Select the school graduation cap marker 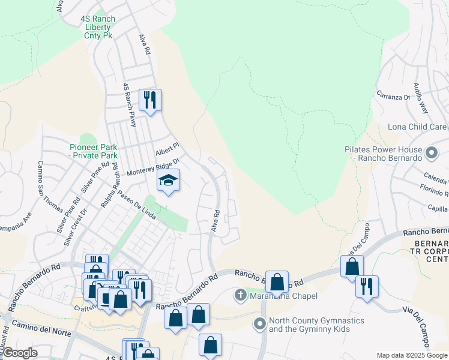coord(169,180)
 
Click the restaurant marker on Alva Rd coord(150,100)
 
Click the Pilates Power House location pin coord(431,154)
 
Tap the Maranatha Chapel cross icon coord(240,295)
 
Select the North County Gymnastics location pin coord(259,325)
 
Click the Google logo coord(20,353)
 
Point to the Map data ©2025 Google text coord(411,355)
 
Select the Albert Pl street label coord(167,148)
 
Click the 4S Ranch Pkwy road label coord(130,105)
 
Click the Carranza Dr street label coord(393,96)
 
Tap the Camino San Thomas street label coord(50,187)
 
